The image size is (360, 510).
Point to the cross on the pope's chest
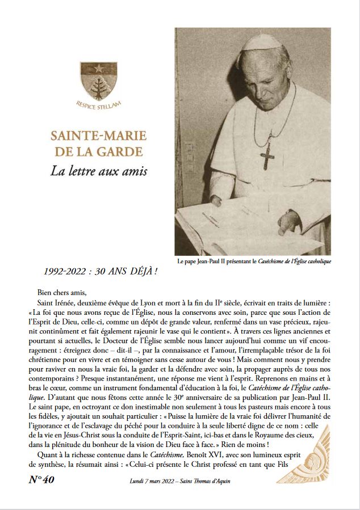[x=266, y=155]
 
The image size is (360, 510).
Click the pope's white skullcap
[x=262, y=43]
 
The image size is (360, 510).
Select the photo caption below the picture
[x=254, y=262]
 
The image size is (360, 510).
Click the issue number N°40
[x=41, y=479]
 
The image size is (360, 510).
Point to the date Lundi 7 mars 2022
[x=148, y=481]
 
